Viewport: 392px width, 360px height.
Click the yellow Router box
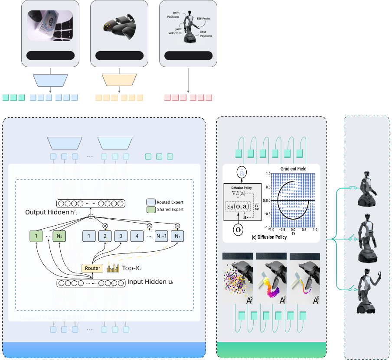tap(92, 268)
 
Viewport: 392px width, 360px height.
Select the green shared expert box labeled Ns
tap(59, 236)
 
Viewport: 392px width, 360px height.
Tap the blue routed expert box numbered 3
tap(121, 236)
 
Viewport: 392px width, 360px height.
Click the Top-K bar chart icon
tap(113, 268)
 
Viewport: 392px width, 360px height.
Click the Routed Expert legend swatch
tap(150, 202)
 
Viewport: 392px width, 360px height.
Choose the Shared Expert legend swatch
tap(150, 209)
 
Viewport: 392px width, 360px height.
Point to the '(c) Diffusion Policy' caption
tap(269, 237)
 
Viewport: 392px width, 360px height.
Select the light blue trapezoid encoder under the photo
tap(50, 80)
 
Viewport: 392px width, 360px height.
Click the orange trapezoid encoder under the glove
tap(119, 80)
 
